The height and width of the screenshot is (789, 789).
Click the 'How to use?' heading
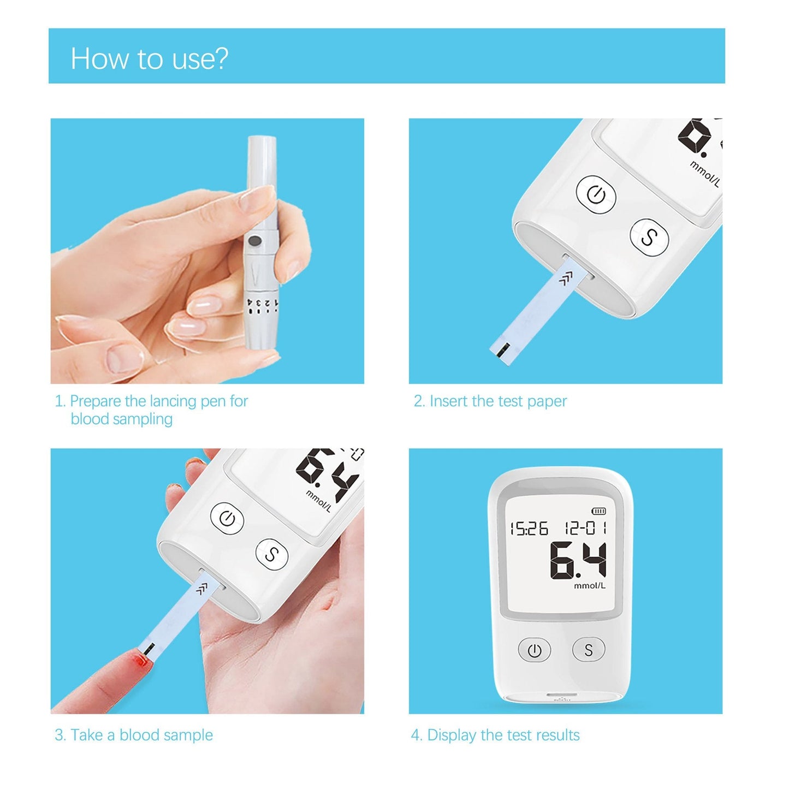click(149, 58)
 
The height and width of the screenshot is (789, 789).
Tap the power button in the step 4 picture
click(534, 650)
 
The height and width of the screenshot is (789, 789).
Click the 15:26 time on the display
click(529, 529)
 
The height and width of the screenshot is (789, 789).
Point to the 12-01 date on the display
click(585, 528)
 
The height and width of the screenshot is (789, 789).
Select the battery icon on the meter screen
click(599, 511)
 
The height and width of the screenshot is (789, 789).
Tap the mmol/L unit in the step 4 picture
click(590, 586)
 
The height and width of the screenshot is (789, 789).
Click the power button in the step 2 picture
click(596, 194)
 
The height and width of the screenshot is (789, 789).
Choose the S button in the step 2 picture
click(649, 237)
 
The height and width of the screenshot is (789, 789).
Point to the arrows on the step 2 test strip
click(566, 280)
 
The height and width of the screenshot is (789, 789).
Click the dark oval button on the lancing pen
click(254, 240)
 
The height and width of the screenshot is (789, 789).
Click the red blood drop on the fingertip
click(141, 662)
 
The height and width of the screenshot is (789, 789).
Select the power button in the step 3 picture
click(227, 519)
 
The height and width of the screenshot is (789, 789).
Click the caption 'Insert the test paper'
click(497, 401)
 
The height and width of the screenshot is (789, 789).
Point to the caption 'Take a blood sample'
click(141, 735)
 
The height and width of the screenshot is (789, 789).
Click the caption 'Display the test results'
click(503, 735)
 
